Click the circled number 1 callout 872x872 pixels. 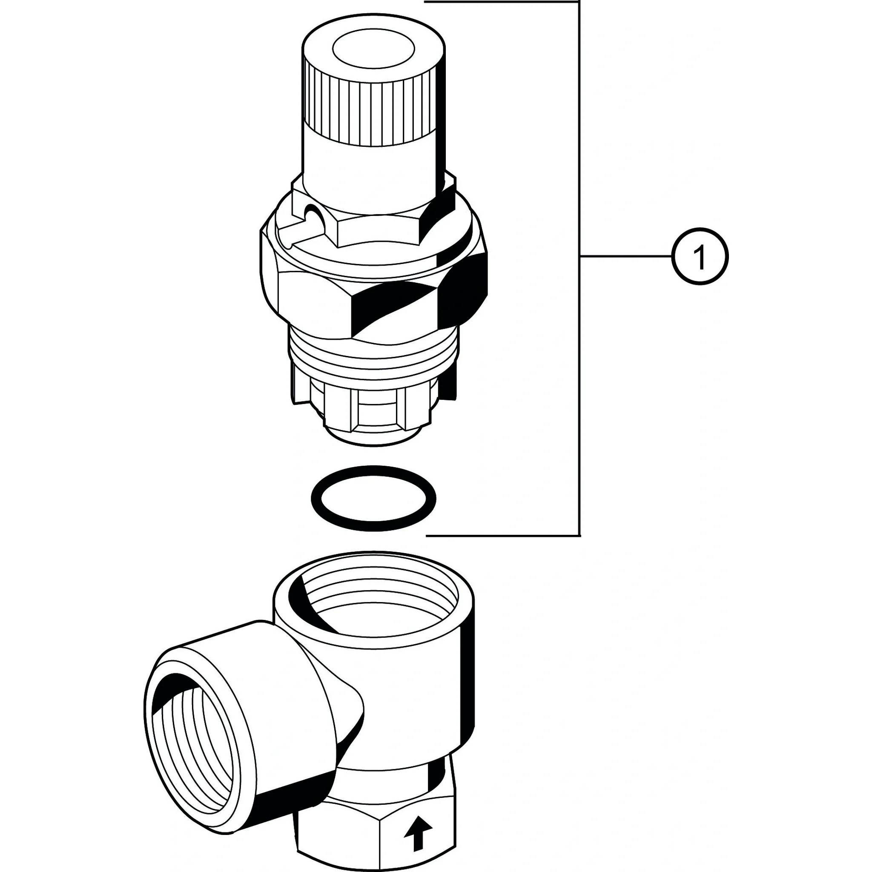click(x=700, y=256)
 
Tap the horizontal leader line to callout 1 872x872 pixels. click(x=626, y=256)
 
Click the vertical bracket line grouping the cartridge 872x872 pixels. click(x=579, y=268)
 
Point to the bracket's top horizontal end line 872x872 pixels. click(x=502, y=2)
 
